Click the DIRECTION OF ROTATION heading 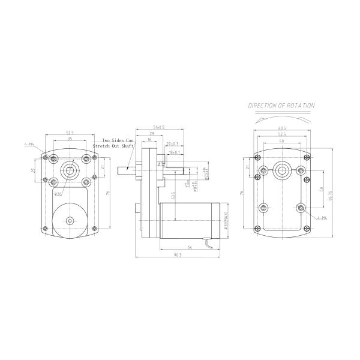[x=281, y=106]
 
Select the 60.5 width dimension [x=281, y=128]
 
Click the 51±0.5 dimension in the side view [x=159, y=128]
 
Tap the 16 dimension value [x=148, y=139]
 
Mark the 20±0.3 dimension [x=172, y=144]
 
